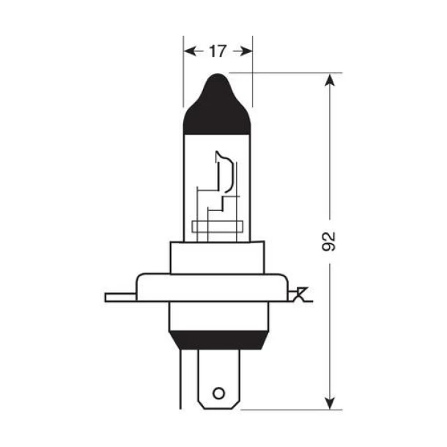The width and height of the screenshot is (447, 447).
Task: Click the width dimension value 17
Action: coord(218,51)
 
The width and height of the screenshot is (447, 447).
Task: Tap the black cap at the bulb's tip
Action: coord(217,110)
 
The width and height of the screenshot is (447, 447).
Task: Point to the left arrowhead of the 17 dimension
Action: coord(188,51)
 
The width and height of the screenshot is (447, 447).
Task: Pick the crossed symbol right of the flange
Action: coord(299,296)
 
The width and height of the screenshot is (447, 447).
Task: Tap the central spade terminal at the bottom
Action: coord(217,377)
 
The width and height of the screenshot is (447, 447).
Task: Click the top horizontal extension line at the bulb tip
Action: coord(286,73)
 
